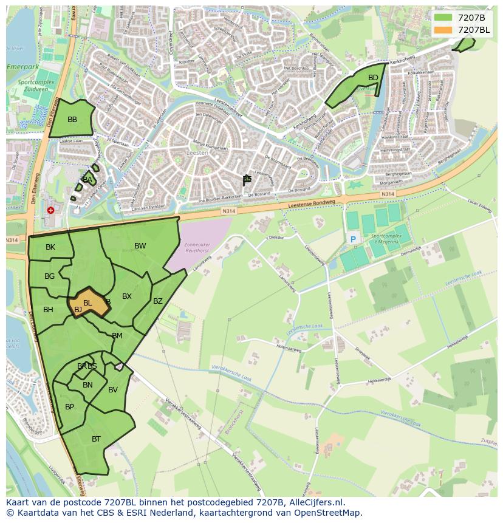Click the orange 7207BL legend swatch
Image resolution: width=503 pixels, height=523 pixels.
[x=443, y=30]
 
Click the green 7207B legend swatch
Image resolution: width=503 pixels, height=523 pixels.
[x=443, y=18]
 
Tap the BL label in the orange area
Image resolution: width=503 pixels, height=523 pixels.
[x=87, y=303]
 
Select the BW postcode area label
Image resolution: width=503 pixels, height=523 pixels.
[x=140, y=246]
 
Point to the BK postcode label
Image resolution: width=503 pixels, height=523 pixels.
[x=50, y=247]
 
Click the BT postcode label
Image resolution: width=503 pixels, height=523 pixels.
[x=96, y=439]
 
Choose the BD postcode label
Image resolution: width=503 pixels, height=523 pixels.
[x=373, y=77]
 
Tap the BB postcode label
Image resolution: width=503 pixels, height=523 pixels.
[x=72, y=120]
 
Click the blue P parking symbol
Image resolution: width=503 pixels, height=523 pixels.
[x=353, y=240]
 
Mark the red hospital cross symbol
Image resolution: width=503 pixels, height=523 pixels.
[x=50, y=210]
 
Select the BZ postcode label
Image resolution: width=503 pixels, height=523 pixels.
[x=158, y=301]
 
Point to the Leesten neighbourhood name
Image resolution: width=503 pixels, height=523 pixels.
[x=197, y=153]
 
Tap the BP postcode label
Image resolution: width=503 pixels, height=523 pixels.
[x=69, y=407]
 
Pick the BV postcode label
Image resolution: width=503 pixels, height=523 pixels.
[x=113, y=390]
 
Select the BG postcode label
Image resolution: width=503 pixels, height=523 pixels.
[x=50, y=276]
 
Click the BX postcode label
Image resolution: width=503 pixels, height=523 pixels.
[x=127, y=296]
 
